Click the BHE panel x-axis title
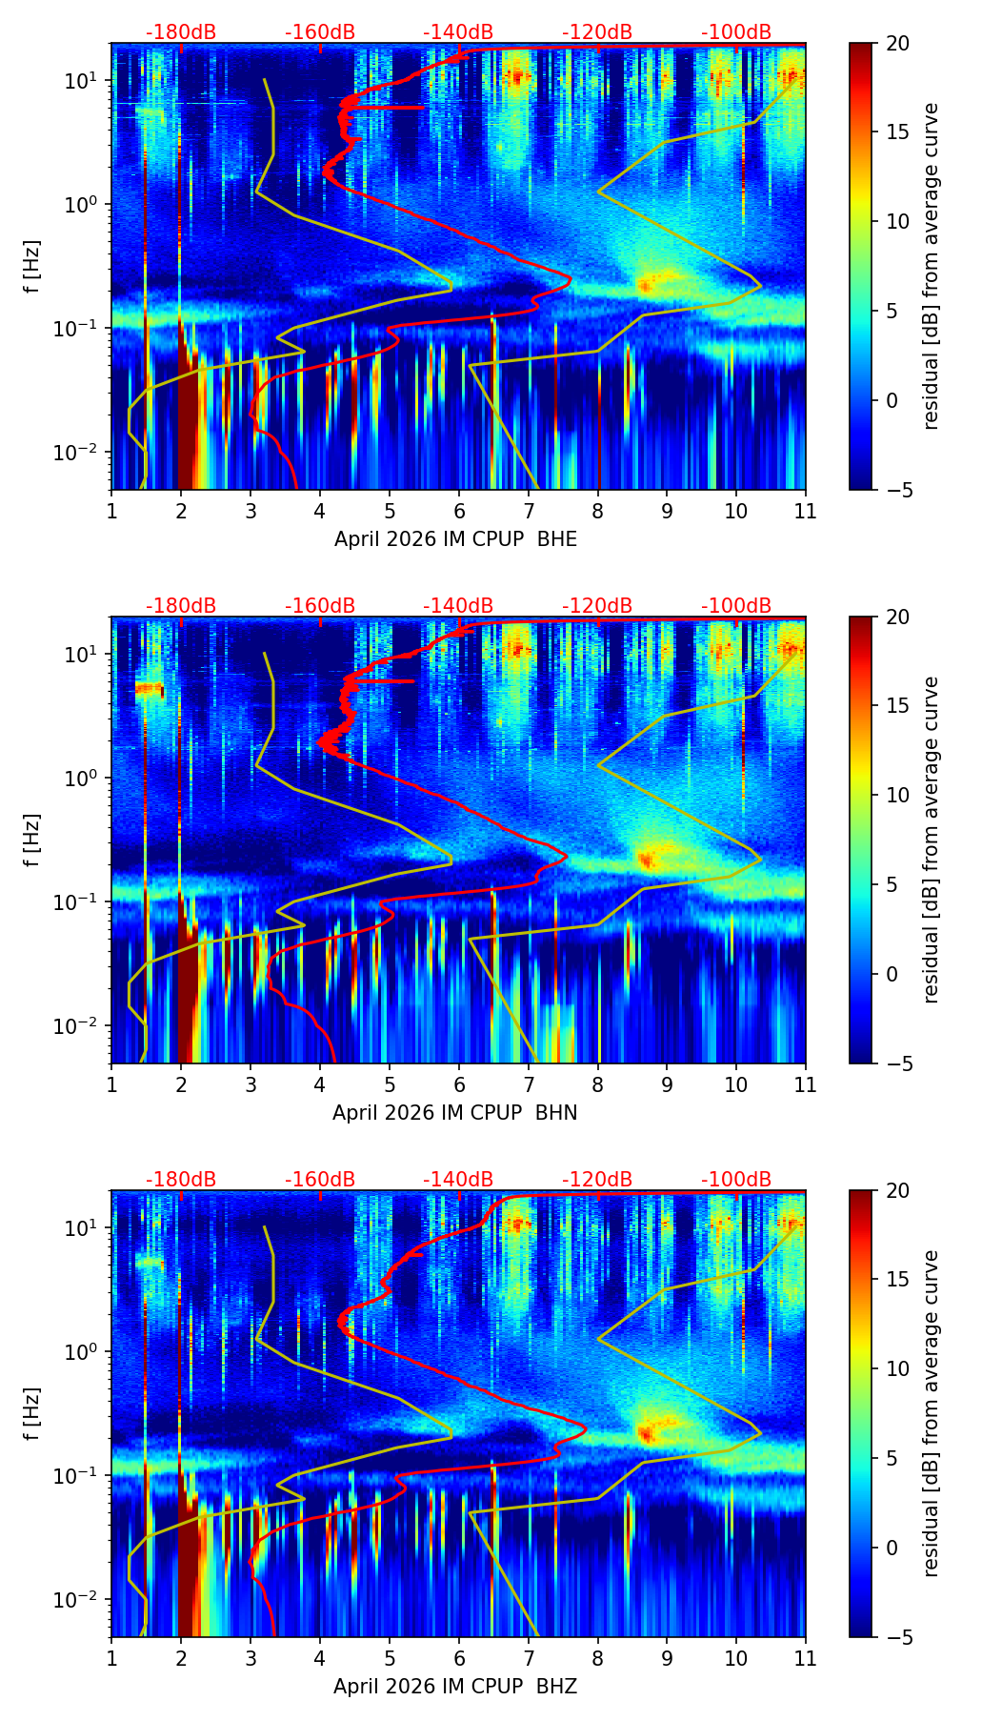pyautogui.click(x=455, y=539)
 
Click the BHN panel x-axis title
pyautogui.click(x=455, y=1113)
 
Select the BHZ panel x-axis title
pyautogui.click(x=455, y=1687)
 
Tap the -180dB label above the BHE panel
pyautogui.click(x=181, y=32)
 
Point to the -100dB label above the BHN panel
pyautogui.click(x=736, y=606)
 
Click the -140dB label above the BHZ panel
pyautogui.click(x=458, y=1180)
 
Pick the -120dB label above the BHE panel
pyautogui.click(x=597, y=32)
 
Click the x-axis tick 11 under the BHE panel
pyautogui.click(x=806, y=511)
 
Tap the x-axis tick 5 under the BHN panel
pyautogui.click(x=390, y=1084)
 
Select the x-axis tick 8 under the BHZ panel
pyautogui.click(x=598, y=1658)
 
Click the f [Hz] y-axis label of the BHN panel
pyautogui.click(x=32, y=840)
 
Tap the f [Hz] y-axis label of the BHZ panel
pyautogui.click(x=32, y=1413)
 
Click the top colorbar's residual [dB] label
pyautogui.click(x=932, y=266)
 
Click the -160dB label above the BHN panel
pyautogui.click(x=320, y=606)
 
